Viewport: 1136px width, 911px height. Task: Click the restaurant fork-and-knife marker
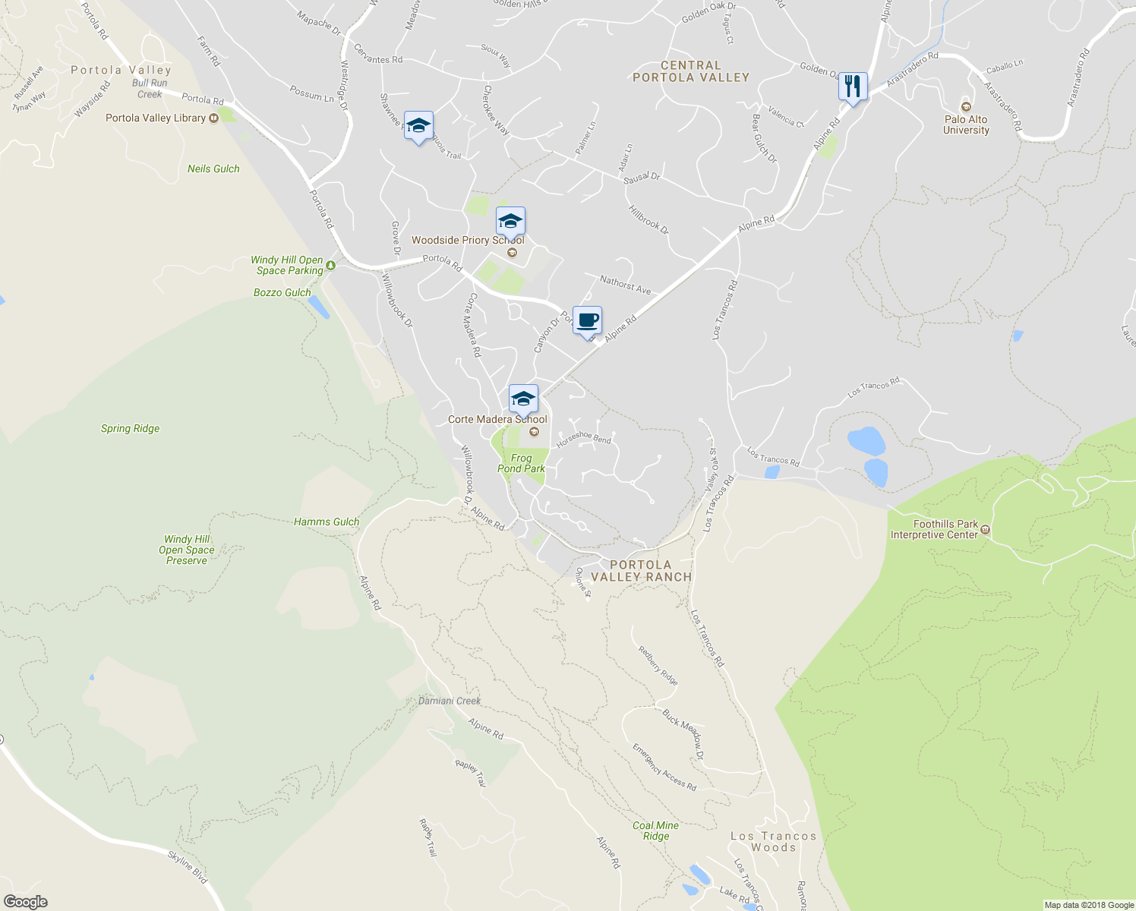pyautogui.click(x=853, y=87)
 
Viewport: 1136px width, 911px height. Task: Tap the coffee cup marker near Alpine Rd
pyautogui.click(x=587, y=320)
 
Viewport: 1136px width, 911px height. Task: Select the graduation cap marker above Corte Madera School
pyautogui.click(x=523, y=399)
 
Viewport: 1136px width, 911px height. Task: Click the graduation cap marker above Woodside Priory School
pyautogui.click(x=510, y=222)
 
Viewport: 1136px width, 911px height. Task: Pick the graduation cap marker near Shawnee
pyautogui.click(x=418, y=126)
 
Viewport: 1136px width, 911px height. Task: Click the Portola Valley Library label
pyautogui.click(x=156, y=118)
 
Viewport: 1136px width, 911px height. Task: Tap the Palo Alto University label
pyautogui.click(x=966, y=125)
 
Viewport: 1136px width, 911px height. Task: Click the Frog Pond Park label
pyautogui.click(x=521, y=463)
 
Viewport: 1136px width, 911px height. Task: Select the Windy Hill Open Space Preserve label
pyautogui.click(x=187, y=550)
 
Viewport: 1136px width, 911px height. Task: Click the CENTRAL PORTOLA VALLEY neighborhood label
pyautogui.click(x=690, y=71)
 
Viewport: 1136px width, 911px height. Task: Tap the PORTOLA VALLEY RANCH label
pyautogui.click(x=641, y=571)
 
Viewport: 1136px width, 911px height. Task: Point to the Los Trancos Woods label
pyautogui.click(x=773, y=841)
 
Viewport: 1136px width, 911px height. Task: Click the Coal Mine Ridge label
pyautogui.click(x=655, y=831)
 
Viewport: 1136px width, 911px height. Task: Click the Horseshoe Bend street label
pyautogui.click(x=583, y=437)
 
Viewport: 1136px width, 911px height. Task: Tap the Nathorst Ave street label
pyautogui.click(x=625, y=285)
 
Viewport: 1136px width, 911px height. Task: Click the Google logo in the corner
pyautogui.click(x=26, y=901)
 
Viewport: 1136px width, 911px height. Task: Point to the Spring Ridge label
pyautogui.click(x=131, y=428)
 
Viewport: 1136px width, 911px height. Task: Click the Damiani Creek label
pyautogui.click(x=450, y=701)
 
